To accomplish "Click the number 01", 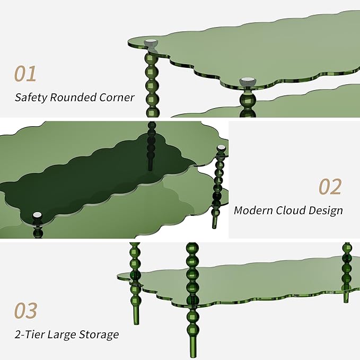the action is tap(25, 74).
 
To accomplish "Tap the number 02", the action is tap(330, 187).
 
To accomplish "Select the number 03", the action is tap(25, 310).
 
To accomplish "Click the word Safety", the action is tap(31, 98).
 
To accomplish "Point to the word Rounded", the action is tap(73, 97).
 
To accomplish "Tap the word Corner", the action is tap(117, 98).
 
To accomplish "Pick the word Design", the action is tap(326, 210).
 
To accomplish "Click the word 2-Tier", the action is tap(30, 334).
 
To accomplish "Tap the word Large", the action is tap(62, 335).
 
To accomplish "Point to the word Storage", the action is tap(99, 335).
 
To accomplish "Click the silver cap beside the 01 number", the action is tap(151, 43).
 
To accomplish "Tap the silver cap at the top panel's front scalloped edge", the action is tap(248, 82).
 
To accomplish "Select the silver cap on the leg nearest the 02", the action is tap(221, 148).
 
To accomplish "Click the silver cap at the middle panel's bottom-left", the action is tap(37, 215).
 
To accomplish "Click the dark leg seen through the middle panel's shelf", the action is tap(152, 146).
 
